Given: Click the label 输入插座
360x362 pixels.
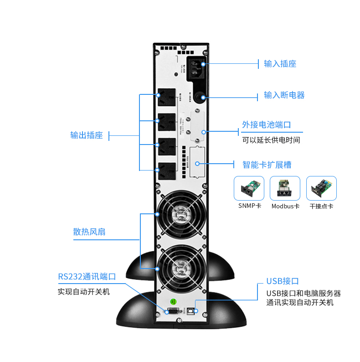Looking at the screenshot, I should (x=280, y=64).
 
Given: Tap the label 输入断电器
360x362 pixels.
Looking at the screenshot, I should (x=284, y=95).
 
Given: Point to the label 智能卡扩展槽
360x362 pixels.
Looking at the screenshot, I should (x=267, y=165).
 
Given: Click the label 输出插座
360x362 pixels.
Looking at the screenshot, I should (x=87, y=135).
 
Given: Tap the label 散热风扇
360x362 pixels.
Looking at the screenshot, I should (x=89, y=232).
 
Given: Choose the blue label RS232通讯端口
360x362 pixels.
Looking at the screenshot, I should (x=87, y=277).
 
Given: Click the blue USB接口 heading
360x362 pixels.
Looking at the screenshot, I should (x=283, y=281).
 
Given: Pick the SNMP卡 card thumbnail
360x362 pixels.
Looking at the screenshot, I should (x=249, y=188).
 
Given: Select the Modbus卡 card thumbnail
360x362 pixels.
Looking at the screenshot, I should (x=285, y=188).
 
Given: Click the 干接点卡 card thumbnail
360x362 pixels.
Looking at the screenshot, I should (x=321, y=188).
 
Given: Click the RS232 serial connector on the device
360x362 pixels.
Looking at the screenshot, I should (x=173, y=311).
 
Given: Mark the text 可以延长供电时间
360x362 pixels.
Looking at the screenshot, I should (x=271, y=140).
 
